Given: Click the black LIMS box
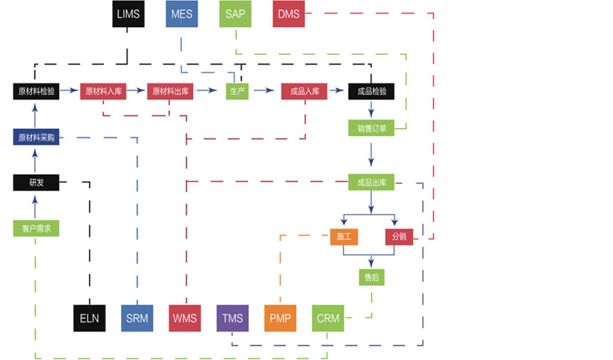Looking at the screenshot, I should click(x=129, y=14).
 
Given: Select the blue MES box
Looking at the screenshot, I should click(x=182, y=14).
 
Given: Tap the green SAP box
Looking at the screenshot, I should click(x=235, y=14).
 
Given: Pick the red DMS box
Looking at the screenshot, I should click(x=289, y=14).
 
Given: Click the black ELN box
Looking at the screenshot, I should click(x=90, y=318).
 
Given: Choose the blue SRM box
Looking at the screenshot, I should click(x=137, y=318).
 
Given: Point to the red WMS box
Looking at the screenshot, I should click(x=185, y=318).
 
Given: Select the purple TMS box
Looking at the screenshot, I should click(x=232, y=318).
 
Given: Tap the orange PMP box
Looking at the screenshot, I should click(x=280, y=318).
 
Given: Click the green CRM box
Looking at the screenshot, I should click(x=328, y=318).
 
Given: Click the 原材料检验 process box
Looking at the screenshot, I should click(x=36, y=91).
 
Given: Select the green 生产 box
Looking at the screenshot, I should click(x=237, y=91).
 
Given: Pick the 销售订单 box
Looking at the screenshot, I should click(x=371, y=129).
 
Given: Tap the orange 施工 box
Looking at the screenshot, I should click(x=344, y=237).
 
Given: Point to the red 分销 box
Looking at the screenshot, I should click(x=399, y=237).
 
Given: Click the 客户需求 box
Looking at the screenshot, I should click(x=36, y=229).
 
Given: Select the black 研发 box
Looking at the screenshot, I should click(x=36, y=182).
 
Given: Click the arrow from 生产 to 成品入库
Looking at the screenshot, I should click(x=264, y=91).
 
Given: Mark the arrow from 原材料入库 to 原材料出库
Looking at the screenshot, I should click(x=136, y=91).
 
